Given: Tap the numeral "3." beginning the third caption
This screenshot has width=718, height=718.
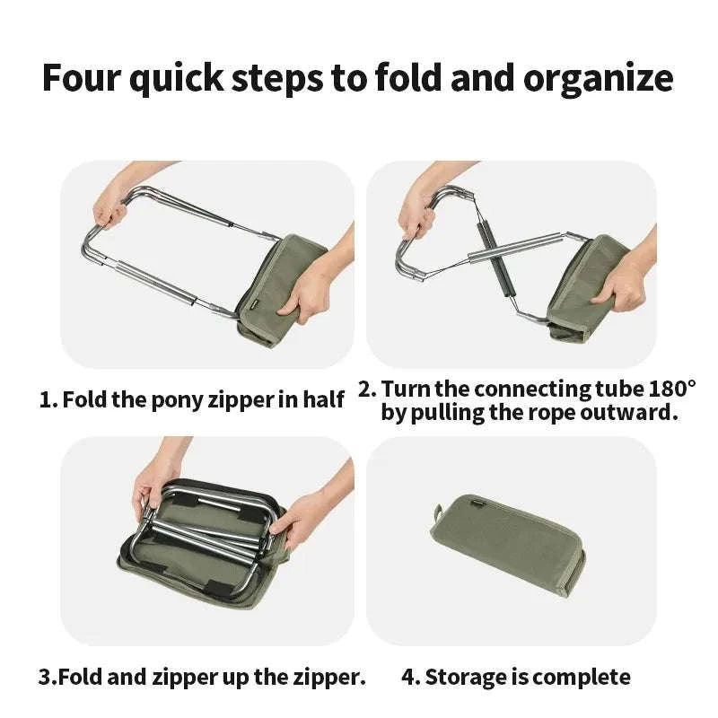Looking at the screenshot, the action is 48,677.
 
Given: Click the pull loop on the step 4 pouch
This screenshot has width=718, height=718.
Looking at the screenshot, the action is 437,512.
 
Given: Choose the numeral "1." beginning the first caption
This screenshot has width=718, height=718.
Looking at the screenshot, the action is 48,399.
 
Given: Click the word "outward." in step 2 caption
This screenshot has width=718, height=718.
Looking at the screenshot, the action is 629,413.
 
